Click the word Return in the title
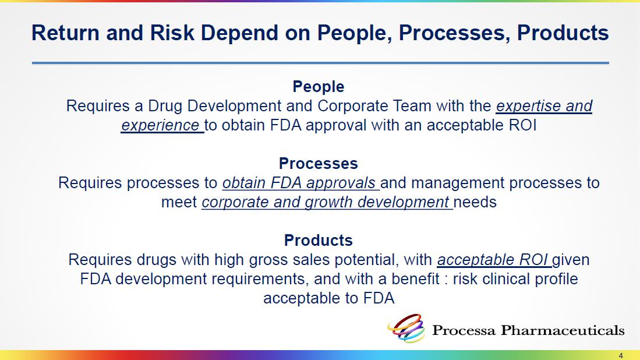tap(65, 33)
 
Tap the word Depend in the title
tap(239, 33)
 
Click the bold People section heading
tap(319, 87)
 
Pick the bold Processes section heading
tap(319, 163)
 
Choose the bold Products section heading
tap(319, 241)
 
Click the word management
tap(463, 183)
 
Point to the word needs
tap(475, 203)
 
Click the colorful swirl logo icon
tap(406, 328)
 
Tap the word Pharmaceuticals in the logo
tap(563, 330)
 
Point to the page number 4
tap(621, 355)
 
